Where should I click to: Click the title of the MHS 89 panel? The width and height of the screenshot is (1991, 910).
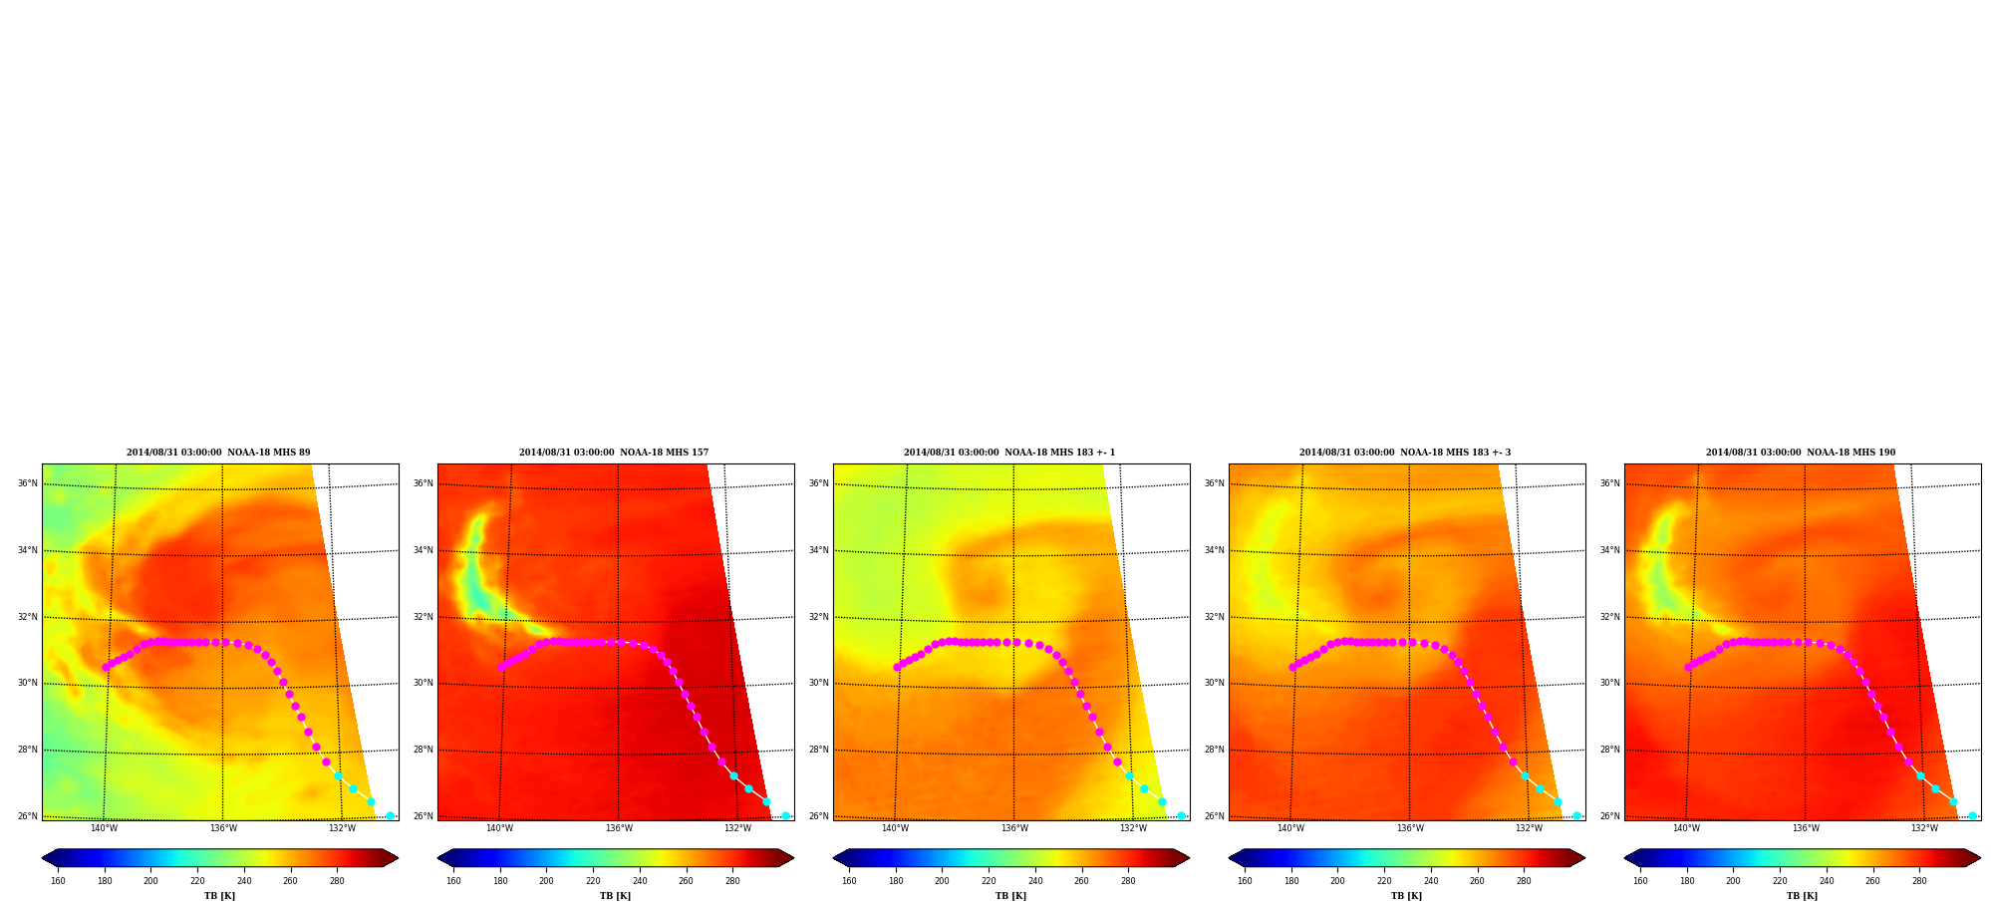coord(218,453)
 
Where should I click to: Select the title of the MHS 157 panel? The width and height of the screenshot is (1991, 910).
coord(614,453)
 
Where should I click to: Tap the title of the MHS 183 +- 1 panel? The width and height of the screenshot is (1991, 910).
coord(1009,453)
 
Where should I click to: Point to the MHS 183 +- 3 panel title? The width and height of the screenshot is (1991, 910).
coord(1405,453)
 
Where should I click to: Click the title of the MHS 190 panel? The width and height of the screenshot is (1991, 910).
coord(1801,453)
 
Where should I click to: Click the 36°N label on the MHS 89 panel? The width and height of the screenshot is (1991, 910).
coord(27,483)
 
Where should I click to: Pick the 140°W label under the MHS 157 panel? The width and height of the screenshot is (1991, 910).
coord(499,828)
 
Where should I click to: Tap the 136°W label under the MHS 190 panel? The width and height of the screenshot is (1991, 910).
coord(1806,828)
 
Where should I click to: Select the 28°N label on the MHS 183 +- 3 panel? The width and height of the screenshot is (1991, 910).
coord(1214,750)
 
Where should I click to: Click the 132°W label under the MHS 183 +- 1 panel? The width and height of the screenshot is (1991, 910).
coord(1133,828)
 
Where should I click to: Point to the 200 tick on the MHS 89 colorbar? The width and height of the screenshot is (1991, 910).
coord(150,881)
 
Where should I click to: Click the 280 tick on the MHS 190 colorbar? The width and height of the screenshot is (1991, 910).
coord(1919,881)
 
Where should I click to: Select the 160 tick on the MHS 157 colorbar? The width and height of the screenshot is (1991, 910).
coord(453,881)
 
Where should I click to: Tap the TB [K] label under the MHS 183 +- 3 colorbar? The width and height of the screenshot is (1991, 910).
coord(1406,896)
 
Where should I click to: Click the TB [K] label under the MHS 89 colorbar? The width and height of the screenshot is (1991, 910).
coord(219,896)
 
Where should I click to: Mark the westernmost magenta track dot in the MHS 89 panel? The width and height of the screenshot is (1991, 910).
coord(106,667)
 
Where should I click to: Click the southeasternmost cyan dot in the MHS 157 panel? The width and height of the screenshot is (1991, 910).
coord(785,815)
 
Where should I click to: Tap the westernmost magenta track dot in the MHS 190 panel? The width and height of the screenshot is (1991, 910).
coord(1688,667)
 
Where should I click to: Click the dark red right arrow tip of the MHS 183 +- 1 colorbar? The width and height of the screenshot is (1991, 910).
coord(1188,858)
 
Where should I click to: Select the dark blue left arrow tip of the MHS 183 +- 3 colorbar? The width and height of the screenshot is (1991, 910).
coord(1230,858)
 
